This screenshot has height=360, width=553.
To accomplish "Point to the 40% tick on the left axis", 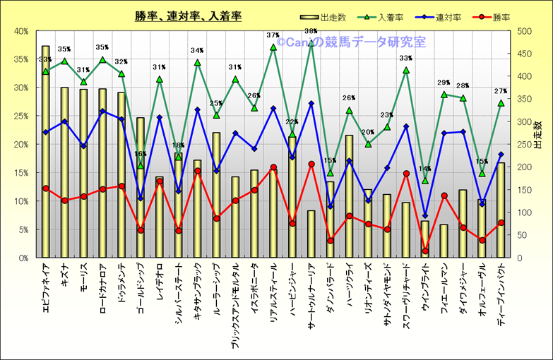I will point(20,31).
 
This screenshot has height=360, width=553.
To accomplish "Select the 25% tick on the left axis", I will point(20,116).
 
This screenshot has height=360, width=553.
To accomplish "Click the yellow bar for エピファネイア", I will point(46,155).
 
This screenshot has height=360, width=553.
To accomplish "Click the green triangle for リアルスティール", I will point(273,47).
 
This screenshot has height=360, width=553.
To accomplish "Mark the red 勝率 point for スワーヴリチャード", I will point(406,174).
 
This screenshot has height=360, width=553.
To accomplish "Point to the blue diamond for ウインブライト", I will point(425,215).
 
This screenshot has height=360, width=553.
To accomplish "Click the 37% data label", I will point(273,35).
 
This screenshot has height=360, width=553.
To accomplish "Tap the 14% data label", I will point(424,169).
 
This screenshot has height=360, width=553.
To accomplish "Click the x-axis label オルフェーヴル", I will point(482,289).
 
